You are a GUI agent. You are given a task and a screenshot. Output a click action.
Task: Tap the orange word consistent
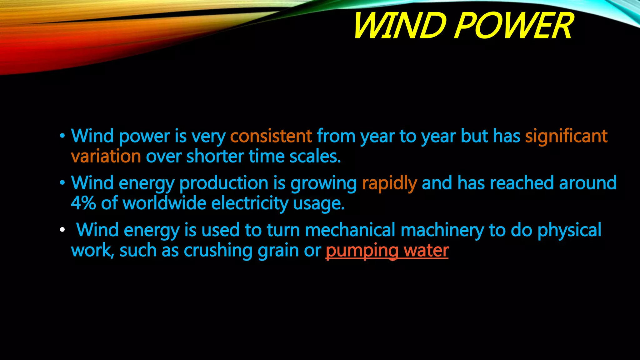coord(271,136)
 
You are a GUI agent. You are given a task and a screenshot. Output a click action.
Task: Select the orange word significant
coord(566,136)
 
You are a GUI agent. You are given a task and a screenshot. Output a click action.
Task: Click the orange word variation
coord(106,156)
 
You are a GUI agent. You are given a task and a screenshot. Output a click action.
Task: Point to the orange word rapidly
coord(389,183)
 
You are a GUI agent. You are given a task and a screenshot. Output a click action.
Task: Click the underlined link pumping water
coord(387,251)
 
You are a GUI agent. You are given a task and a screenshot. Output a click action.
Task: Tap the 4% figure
coord(83,203)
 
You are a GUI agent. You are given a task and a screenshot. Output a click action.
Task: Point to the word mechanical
coord(350,230)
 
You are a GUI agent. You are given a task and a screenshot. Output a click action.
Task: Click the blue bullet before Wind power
coord(62,136)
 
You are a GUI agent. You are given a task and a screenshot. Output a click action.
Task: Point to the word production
coord(224,183)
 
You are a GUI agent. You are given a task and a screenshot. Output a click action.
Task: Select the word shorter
coord(215,156)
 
